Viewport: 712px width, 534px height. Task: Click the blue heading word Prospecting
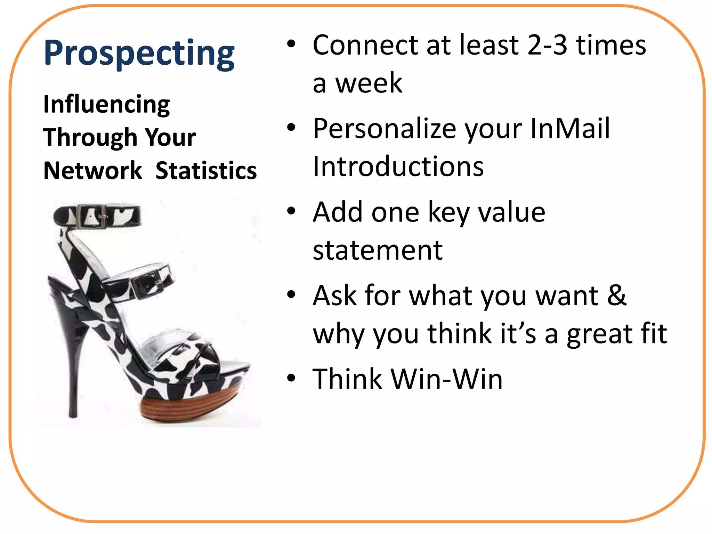[139, 53]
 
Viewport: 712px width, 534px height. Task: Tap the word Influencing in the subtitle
[106, 104]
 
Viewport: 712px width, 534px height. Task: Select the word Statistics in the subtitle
[206, 171]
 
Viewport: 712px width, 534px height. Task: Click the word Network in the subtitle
[92, 171]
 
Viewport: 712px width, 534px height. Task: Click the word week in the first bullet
[369, 83]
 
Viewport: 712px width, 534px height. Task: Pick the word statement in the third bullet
[378, 250]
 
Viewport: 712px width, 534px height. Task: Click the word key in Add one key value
[448, 213]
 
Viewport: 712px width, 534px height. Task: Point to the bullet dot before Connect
[291, 44]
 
